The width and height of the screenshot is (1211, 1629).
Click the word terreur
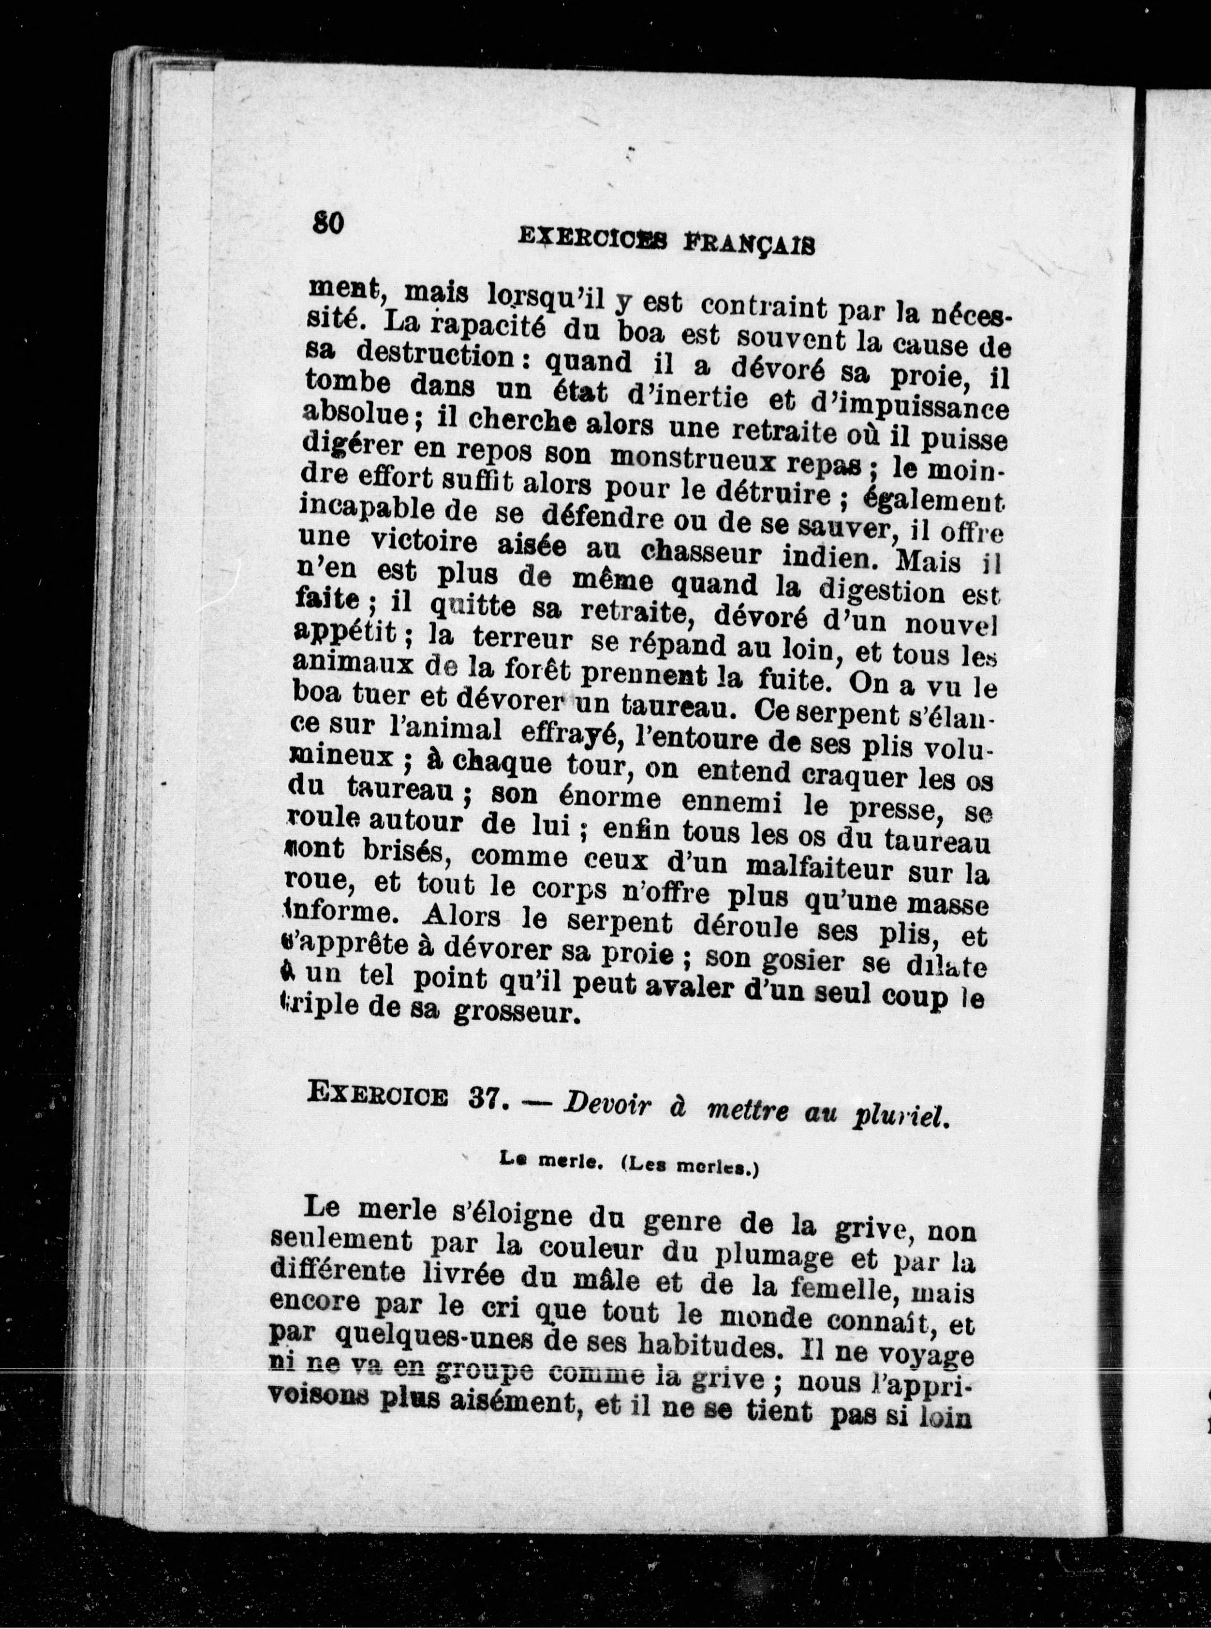(522, 639)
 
